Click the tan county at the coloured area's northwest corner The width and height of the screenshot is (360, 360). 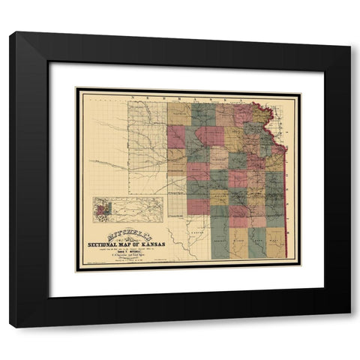(179, 114)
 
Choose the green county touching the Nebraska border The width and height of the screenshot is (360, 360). (203, 114)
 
